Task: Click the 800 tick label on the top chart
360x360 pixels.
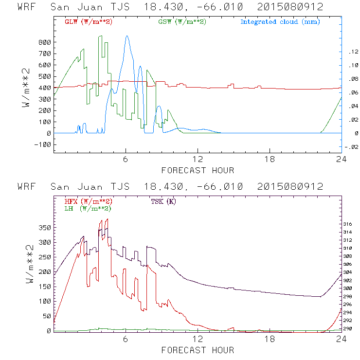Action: coord(44,42)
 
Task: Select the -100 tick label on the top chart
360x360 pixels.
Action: coord(42,144)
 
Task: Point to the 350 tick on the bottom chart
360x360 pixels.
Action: coord(44,227)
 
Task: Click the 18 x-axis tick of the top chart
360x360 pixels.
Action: coord(270,160)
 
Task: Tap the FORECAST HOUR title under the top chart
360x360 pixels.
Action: coord(198,170)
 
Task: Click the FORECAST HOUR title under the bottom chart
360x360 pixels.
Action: coord(198,350)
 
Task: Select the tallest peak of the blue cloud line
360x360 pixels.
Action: coord(127,36)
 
